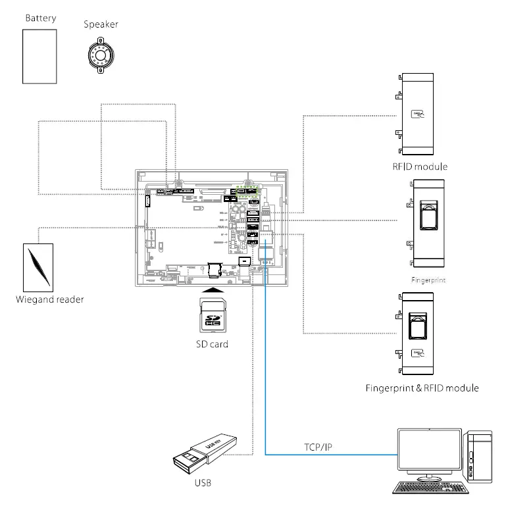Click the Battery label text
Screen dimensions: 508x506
[x=40, y=18]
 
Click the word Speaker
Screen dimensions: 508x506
[x=101, y=25]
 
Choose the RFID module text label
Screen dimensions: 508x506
[x=420, y=167]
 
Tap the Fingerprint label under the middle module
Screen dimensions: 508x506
[x=428, y=279]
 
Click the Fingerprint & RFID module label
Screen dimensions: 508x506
[x=422, y=388]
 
